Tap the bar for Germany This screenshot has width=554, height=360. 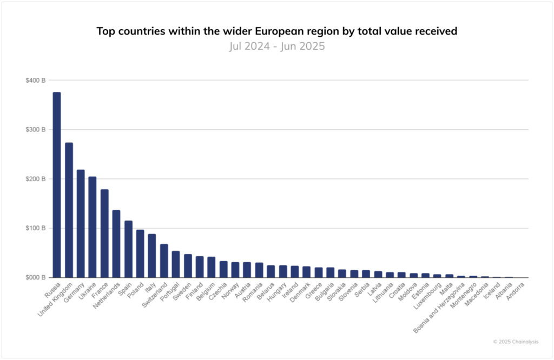click(81, 224)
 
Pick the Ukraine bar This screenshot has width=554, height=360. click(93, 227)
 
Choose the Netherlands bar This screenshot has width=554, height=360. click(116, 244)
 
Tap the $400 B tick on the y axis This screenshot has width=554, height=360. click(35, 80)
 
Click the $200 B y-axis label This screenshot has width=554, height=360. click(35, 179)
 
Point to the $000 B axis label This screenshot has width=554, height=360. click(35, 277)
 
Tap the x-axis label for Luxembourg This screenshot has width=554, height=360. click(425, 294)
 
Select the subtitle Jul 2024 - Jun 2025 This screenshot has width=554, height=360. click(276, 46)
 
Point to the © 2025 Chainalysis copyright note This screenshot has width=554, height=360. click(515, 342)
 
